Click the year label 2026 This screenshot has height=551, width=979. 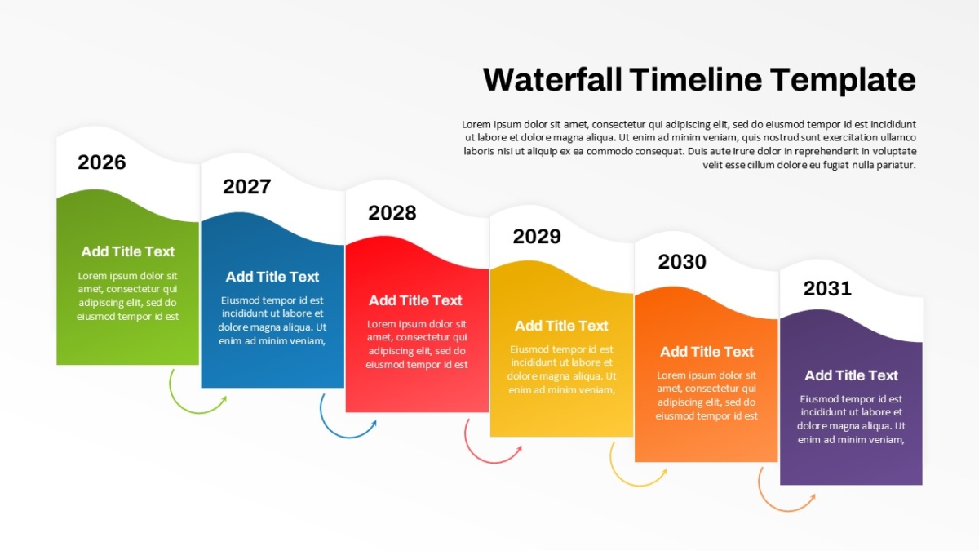pyautogui.click(x=102, y=162)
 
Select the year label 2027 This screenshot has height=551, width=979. pyautogui.click(x=247, y=187)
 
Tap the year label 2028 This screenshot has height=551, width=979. pyautogui.click(x=392, y=213)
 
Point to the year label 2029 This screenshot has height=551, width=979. pyautogui.click(x=537, y=237)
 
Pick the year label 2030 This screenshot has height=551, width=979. pyautogui.click(x=682, y=262)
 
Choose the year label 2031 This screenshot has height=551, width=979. pyautogui.click(x=827, y=289)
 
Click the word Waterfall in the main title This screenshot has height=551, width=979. pyautogui.click(x=552, y=80)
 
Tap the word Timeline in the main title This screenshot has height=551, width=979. pyautogui.click(x=696, y=80)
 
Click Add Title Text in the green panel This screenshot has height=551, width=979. pyautogui.click(x=127, y=251)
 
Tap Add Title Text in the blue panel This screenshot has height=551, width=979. pyautogui.click(x=272, y=277)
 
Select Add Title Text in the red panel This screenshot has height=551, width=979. pyautogui.click(x=415, y=300)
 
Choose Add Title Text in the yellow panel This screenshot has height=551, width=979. pyautogui.click(x=561, y=326)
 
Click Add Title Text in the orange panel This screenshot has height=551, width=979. pyautogui.click(x=707, y=352)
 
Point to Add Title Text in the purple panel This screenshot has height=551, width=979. pyautogui.click(x=852, y=375)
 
